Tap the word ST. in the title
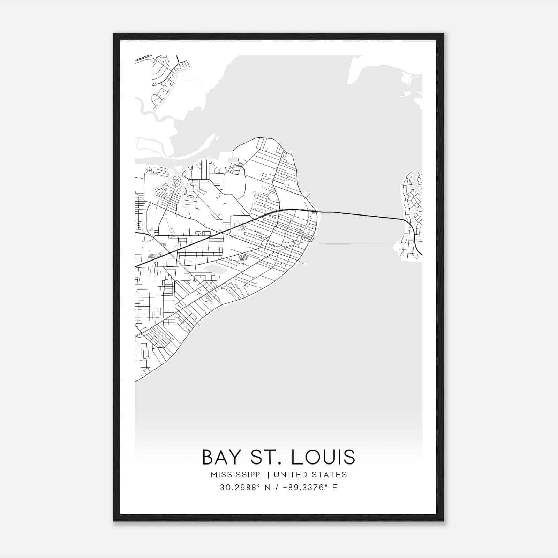262,457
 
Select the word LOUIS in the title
323,457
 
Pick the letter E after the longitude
335,488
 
